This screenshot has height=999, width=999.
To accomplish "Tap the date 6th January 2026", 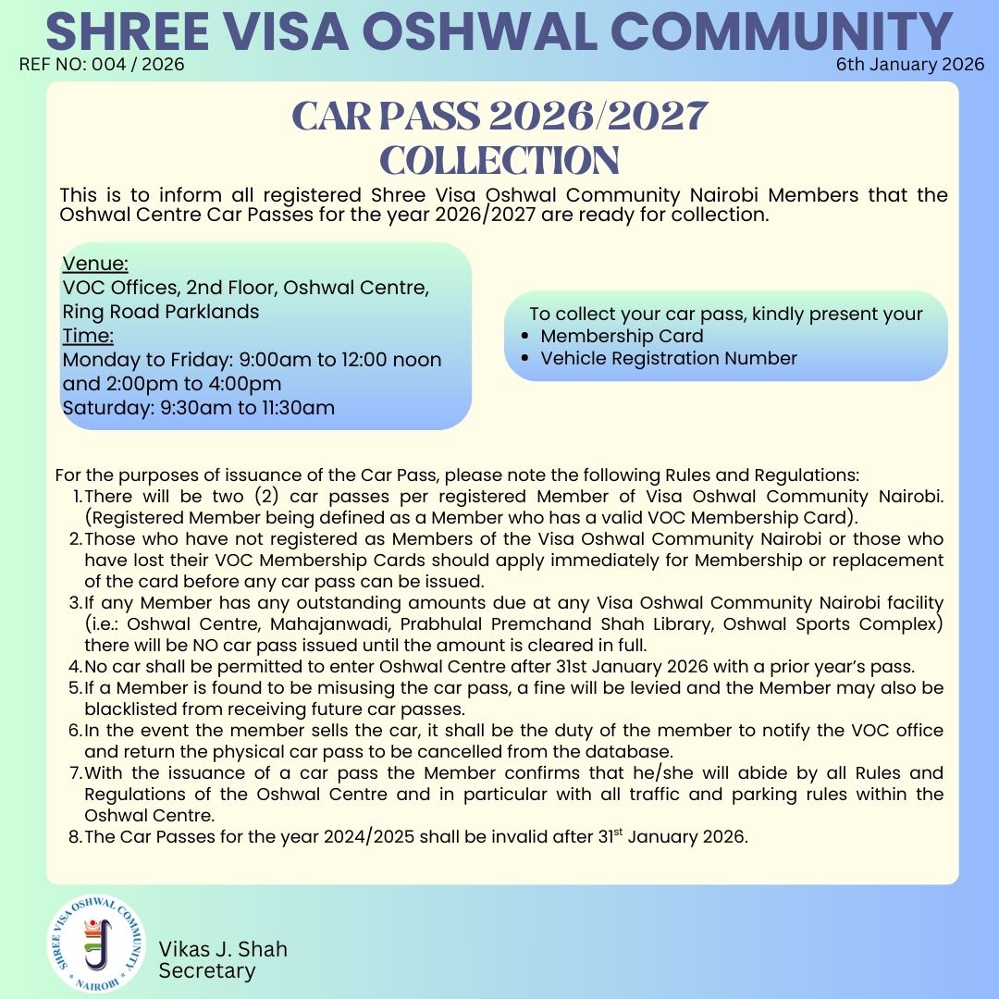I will coord(910,65).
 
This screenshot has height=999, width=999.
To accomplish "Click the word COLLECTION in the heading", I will coord(499,160).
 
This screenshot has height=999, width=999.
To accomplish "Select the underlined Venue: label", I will coord(95,264).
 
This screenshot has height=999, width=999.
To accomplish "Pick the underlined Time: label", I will coord(88,335).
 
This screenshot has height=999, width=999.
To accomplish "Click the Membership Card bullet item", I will coord(622,336).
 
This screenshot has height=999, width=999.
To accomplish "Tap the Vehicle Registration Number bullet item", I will coord(669,358).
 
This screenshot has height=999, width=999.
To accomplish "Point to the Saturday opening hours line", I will coord(198,407).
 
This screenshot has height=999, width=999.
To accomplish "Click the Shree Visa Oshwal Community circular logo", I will coord(96,945).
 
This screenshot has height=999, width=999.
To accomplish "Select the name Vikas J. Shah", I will coord(223,949).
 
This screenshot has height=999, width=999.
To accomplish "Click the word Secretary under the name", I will coord(207,970).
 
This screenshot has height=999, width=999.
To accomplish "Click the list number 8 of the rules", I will coord(75,837).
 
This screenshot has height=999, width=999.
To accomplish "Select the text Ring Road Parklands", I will coord(161,312).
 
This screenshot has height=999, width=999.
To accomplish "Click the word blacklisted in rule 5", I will coord(129,709).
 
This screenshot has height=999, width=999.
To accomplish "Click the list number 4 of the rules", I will coord(75,666).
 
